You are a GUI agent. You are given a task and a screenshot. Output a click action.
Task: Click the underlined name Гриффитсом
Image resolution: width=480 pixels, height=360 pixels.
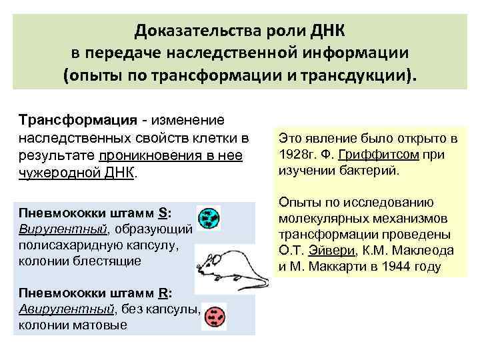(371, 155)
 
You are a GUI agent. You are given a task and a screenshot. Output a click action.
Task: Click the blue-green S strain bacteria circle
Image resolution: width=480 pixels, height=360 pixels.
(211, 217)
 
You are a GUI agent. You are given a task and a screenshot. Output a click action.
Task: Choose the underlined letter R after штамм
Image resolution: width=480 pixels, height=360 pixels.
(162, 293)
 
